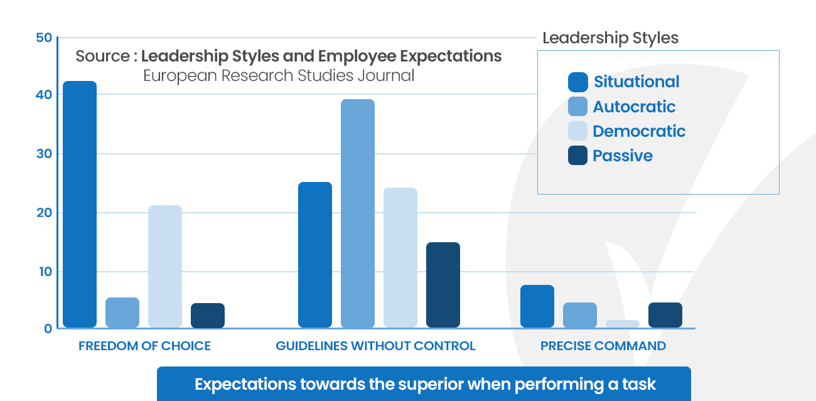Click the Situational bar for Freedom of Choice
[80, 204]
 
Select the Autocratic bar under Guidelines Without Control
[357, 213]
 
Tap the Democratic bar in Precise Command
[622, 324]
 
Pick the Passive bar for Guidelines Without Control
[443, 285]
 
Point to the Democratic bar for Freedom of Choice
[165, 266]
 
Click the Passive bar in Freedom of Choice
[207, 316]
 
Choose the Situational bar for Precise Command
[537, 306]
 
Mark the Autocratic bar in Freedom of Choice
[122, 313]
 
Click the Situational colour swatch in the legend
[577, 82]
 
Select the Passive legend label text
[622, 156]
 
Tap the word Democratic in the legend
[638, 131]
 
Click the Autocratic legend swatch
[577, 107]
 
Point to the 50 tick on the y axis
[43, 38]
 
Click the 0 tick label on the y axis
[48, 328]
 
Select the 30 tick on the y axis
[43, 154]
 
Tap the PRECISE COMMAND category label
[603, 346]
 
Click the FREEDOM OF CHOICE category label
[144, 346]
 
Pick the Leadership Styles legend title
[610, 38]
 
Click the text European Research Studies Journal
[279, 76]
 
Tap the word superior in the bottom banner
[417, 384]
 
